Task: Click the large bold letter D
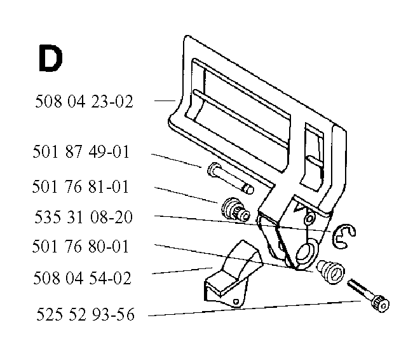tap(51, 58)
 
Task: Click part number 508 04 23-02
tap(84, 102)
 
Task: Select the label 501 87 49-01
tap(81, 152)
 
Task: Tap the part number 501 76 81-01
tap(80, 186)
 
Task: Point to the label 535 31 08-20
tap(84, 217)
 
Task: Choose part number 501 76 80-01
tap(80, 246)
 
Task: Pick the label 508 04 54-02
tap(82, 278)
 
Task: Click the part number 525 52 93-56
tap(85, 314)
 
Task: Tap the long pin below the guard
tap(231, 178)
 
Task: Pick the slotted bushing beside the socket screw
tap(330, 272)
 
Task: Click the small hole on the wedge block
tap(236, 301)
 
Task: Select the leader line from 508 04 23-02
tap(165, 100)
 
